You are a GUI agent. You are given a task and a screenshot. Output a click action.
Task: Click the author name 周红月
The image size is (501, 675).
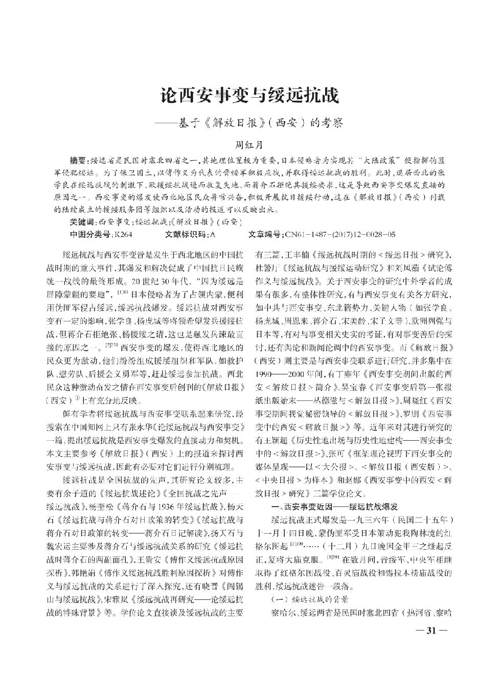pyautogui.click(x=250, y=145)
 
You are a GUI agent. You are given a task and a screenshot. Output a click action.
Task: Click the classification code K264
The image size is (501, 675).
pyautogui.click(x=124, y=235)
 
